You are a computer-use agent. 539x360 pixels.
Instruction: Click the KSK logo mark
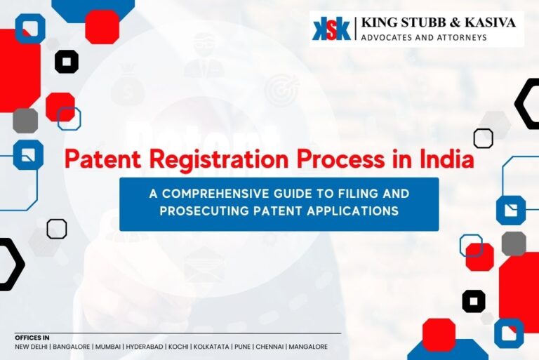[x=331, y=29]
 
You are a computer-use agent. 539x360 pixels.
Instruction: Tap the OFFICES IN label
[x=32, y=338]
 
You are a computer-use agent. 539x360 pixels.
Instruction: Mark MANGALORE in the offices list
[x=308, y=347]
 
